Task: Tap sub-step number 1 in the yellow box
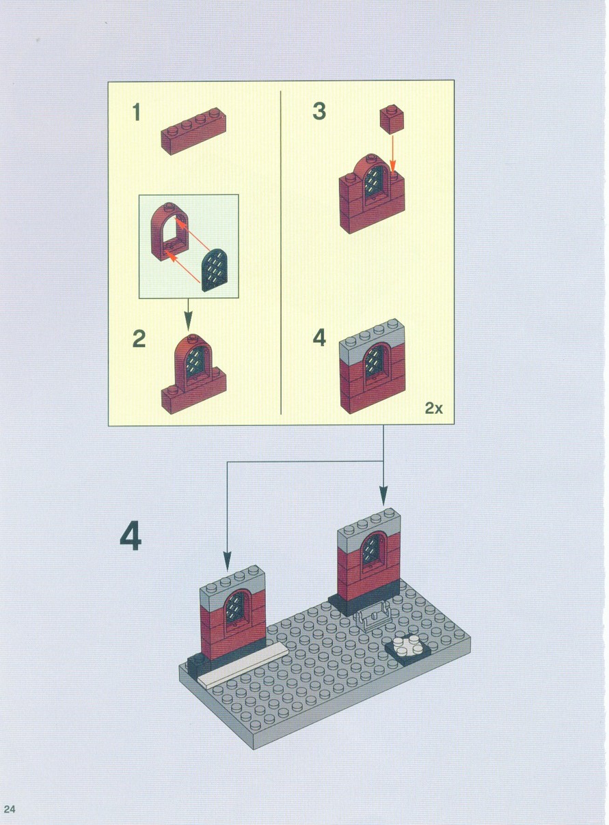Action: tap(137, 112)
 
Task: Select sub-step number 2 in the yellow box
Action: tap(139, 339)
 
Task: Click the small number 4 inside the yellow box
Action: tap(320, 338)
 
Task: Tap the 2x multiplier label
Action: tap(434, 408)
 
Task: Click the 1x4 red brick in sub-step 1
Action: tap(193, 131)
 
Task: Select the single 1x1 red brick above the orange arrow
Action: tap(392, 119)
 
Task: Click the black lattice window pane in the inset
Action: tap(215, 270)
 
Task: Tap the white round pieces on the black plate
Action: tap(407, 647)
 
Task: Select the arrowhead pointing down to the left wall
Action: tap(227, 561)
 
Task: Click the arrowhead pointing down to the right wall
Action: tap(383, 496)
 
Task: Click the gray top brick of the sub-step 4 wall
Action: tap(372, 339)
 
